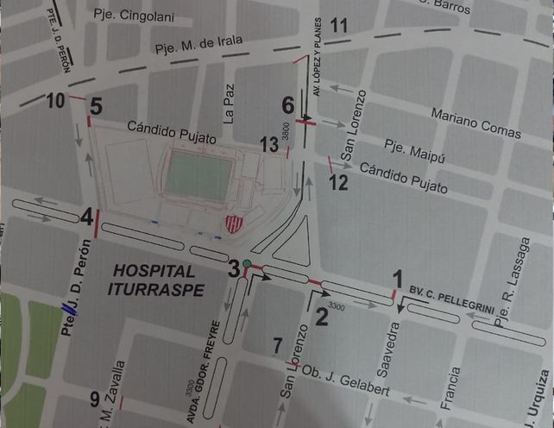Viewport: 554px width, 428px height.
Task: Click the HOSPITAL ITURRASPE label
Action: pos(158,280)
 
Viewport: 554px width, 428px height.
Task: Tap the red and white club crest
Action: pos(231,223)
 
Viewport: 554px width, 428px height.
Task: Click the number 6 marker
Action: pos(288,106)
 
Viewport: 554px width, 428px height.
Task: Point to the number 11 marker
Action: pos(338,25)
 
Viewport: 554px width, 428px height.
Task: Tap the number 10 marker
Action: pos(55,101)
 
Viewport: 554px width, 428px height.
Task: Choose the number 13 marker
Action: pos(270,145)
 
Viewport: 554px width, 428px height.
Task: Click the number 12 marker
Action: pos(339,182)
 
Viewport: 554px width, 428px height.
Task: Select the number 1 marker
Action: pos(398,278)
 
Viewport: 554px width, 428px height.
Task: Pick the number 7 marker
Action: pos(277,346)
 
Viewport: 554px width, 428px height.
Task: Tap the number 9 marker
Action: pos(94,399)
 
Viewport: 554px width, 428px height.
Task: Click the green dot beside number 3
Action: pos(248,262)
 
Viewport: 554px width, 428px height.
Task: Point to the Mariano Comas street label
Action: pos(475,123)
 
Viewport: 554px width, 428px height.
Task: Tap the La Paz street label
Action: pos(229,105)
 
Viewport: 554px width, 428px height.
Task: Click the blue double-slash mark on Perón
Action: pos(66,305)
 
